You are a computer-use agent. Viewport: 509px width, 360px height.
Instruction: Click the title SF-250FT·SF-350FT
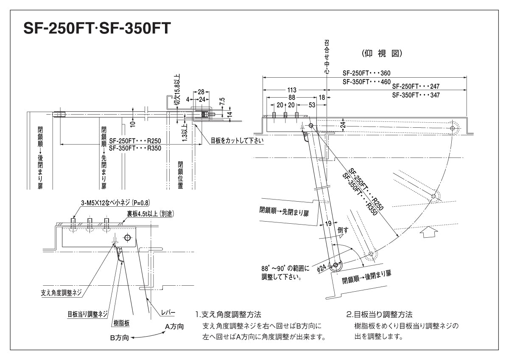[97, 28]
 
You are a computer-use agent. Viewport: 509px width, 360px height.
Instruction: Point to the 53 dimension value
[312, 104]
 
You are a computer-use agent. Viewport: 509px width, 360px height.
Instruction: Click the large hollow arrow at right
[429, 232]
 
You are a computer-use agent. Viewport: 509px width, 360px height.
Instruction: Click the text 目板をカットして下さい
[237, 141]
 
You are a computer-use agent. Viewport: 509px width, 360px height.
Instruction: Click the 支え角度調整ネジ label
[60, 293]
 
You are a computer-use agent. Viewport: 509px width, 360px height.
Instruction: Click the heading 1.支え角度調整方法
[228, 315]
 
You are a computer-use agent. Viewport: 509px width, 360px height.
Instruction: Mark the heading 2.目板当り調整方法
[379, 315]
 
